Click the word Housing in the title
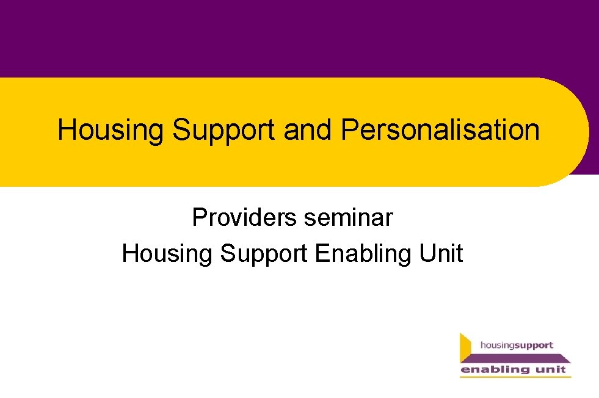click(x=111, y=131)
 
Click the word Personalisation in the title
click(x=440, y=129)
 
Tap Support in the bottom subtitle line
click(x=264, y=253)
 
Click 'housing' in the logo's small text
click(x=497, y=346)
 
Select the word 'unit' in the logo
click(x=551, y=369)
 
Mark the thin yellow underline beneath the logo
click(x=515, y=377)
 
